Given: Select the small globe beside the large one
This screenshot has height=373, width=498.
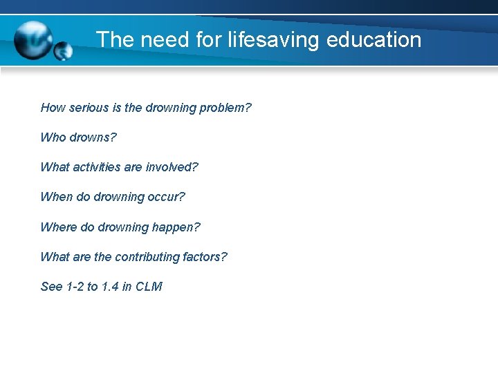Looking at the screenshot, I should (x=63, y=51).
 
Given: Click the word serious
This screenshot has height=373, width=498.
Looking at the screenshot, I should (x=88, y=108).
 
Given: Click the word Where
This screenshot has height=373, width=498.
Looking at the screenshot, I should (x=58, y=227).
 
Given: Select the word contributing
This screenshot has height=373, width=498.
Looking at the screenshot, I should (x=147, y=257).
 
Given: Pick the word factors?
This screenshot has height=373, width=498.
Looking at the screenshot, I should (x=205, y=257).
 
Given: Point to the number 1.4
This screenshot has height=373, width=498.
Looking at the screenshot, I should (x=110, y=287).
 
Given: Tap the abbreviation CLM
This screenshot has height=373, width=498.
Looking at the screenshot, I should (x=149, y=287).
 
